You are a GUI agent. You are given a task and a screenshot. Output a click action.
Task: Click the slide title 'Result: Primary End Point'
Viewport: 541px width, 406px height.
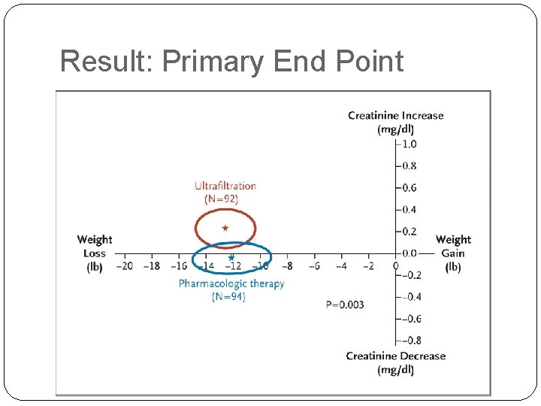pos(231,61)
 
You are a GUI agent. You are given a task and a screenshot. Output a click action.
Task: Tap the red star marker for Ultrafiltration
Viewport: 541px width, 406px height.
pos(225,228)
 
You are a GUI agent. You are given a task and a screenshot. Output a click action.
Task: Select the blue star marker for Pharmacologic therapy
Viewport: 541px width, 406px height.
pos(231,257)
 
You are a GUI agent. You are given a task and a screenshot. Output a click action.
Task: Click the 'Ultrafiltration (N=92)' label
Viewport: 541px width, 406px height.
pos(225,192)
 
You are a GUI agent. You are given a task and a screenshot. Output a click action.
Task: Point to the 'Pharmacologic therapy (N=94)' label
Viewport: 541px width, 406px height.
pos(231,290)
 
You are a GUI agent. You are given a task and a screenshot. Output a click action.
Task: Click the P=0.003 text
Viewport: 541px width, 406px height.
pos(345,304)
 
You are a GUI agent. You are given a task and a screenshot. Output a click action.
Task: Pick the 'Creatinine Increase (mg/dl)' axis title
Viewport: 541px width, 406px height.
pos(395,122)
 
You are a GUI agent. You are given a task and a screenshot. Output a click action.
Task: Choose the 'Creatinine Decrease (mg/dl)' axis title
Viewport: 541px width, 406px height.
pos(395,362)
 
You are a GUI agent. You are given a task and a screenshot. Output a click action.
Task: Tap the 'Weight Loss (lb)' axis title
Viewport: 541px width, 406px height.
pos(95,253)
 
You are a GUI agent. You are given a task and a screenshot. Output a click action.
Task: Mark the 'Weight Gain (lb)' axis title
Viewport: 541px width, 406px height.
pos(453,253)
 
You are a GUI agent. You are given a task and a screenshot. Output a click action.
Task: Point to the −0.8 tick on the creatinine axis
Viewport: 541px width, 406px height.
pos(408,341)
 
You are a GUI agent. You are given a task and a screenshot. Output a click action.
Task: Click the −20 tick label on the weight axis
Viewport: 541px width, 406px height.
pos(124,265)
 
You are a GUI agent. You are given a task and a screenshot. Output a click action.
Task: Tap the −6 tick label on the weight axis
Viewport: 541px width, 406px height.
pos(313,265)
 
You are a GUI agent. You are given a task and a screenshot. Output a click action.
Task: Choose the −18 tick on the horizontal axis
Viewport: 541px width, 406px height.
pos(151,265)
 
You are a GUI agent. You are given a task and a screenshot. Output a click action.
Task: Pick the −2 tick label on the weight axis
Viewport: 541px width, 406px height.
pos(367,265)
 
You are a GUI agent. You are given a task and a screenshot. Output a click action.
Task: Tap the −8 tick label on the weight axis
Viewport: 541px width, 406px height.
pos(286,265)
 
